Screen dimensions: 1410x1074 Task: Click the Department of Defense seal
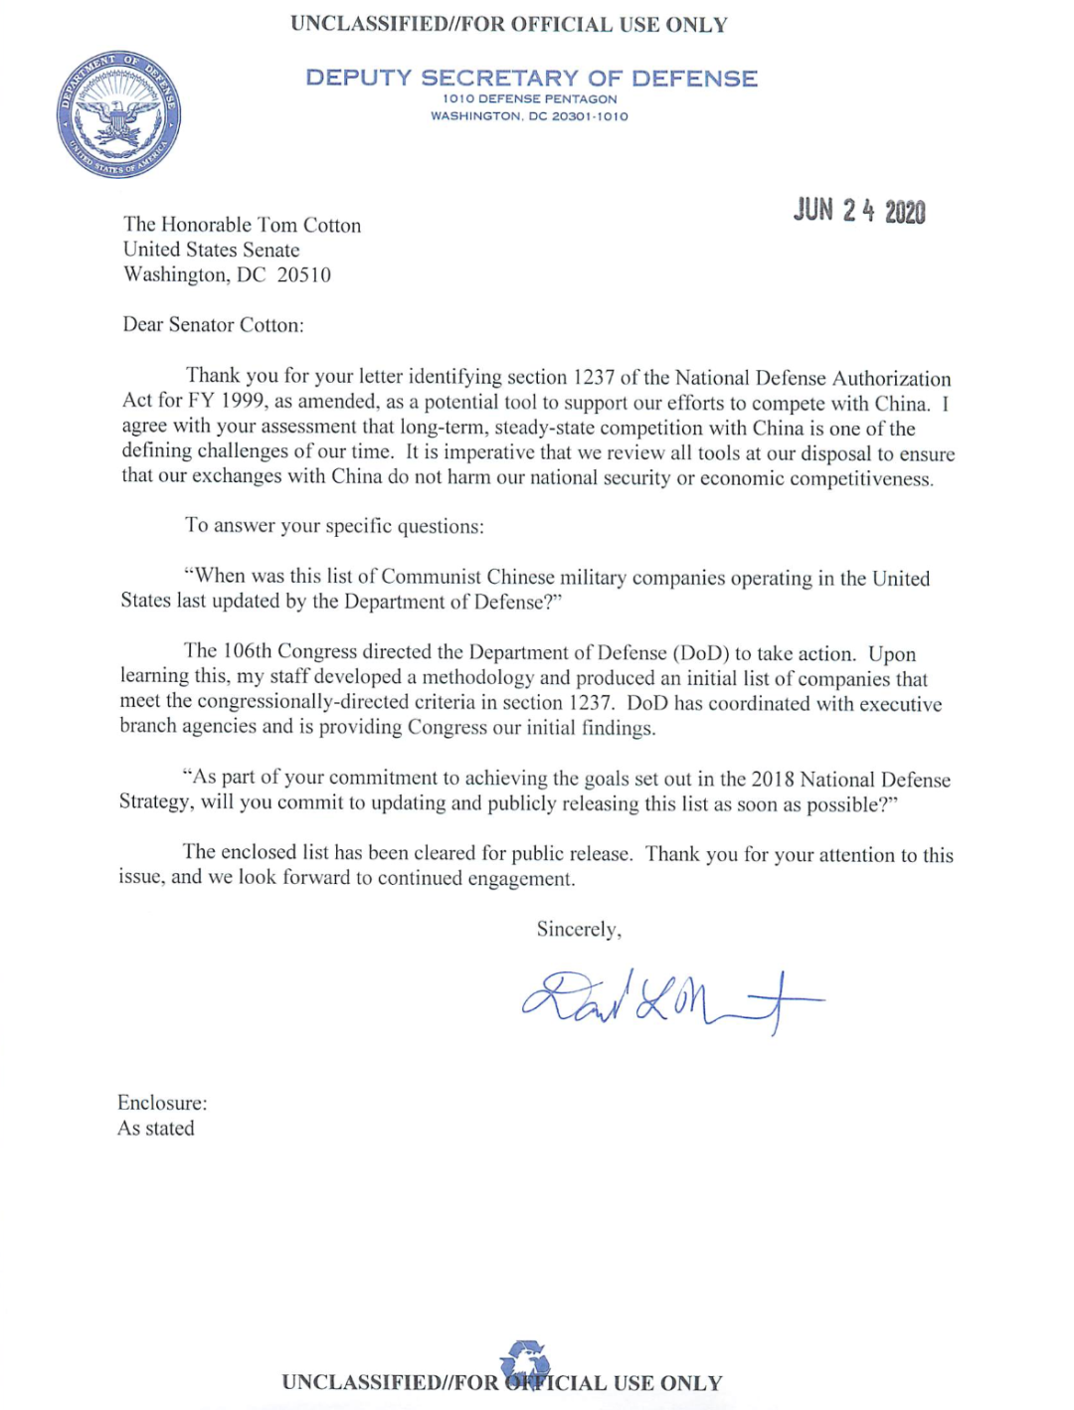pos(118,114)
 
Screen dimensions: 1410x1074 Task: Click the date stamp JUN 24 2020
pos(859,211)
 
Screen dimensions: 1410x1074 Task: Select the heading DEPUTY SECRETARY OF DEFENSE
pos(531,78)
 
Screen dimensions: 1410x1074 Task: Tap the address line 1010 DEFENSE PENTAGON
pos(529,99)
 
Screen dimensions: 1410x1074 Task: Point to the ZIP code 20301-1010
pos(590,116)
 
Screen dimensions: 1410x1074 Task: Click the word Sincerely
pos(578,929)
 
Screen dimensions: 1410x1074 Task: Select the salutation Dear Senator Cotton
pos(213,324)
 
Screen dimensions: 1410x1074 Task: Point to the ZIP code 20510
pos(303,274)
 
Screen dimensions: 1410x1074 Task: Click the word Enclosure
pos(161,1103)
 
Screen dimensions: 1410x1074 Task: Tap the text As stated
pos(156,1128)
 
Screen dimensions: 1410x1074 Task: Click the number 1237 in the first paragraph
pos(593,378)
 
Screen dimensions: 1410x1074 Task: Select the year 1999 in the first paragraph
pos(242,401)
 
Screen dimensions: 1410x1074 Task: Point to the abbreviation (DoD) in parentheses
pos(701,653)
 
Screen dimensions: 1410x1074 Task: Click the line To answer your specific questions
pos(334,525)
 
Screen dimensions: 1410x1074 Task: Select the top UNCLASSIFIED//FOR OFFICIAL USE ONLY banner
pos(509,25)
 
